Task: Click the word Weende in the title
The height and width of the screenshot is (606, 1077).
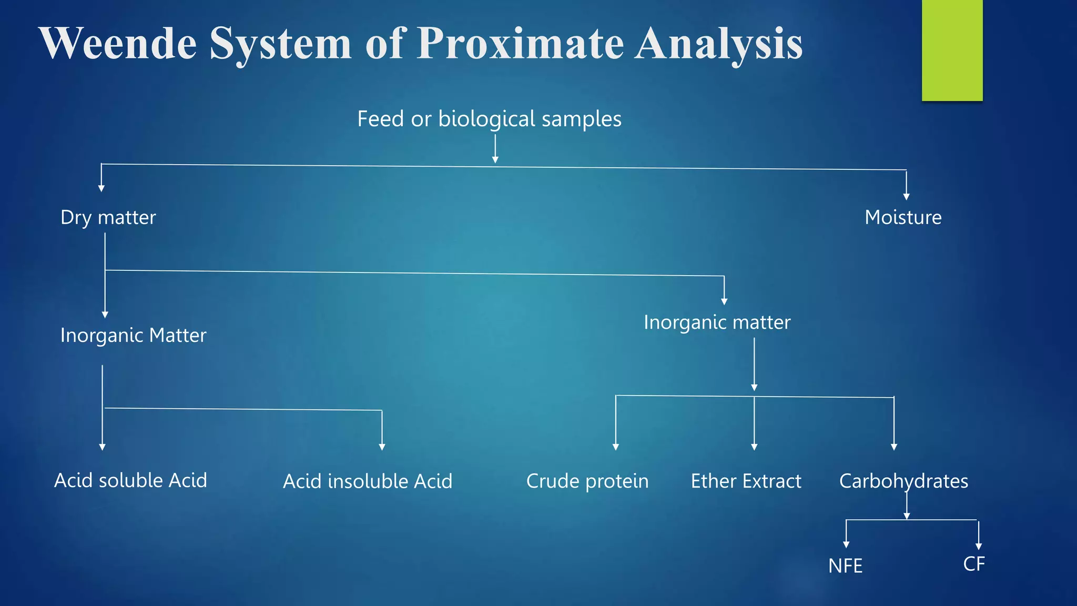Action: tap(118, 43)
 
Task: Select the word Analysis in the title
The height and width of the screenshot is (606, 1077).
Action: tap(718, 43)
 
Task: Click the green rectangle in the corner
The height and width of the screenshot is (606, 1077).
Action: tap(952, 50)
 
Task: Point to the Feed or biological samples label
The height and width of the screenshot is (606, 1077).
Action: tap(489, 119)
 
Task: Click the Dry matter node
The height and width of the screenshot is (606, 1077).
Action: tap(108, 217)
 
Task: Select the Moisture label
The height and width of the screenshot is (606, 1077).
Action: tap(903, 217)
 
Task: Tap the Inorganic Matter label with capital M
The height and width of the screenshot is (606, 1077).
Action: tap(133, 335)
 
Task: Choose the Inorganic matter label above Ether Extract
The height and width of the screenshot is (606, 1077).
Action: tap(717, 322)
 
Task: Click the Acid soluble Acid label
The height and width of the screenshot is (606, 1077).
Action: tap(130, 480)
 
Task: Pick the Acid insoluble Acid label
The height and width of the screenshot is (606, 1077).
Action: tap(368, 481)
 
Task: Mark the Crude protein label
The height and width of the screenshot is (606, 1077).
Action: tap(587, 481)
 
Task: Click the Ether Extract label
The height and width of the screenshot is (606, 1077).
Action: tap(746, 481)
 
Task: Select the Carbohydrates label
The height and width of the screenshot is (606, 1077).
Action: tap(903, 481)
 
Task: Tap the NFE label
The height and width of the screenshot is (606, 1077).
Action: tap(845, 566)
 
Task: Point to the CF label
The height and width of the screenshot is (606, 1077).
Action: tap(974, 564)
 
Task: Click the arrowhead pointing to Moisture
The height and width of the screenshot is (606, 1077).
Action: tap(906, 197)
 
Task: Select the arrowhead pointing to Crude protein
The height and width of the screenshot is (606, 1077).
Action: tap(616, 447)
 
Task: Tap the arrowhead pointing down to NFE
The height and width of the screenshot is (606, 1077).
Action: tap(846, 544)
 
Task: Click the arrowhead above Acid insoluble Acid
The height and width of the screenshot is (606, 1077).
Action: tap(382, 447)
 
